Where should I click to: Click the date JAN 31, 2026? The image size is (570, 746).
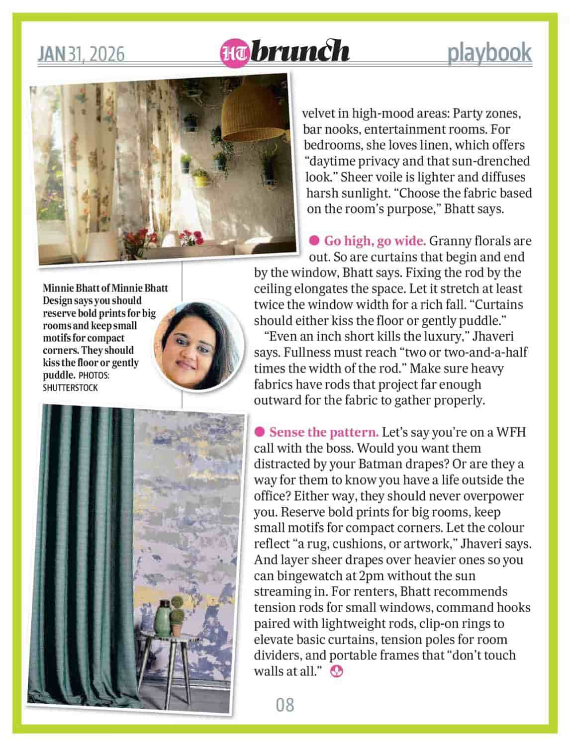(81, 53)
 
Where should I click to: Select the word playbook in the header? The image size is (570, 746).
(489, 53)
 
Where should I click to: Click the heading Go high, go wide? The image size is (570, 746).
(375, 241)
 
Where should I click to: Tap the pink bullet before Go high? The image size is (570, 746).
(314, 241)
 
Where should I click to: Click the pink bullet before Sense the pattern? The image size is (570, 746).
(259, 432)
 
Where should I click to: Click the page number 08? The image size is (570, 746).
(285, 704)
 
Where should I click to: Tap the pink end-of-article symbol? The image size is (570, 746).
(337, 671)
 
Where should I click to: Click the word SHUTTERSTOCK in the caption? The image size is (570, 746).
(71, 387)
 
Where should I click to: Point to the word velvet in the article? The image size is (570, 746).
(321, 113)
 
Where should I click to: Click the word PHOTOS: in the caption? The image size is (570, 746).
(95, 375)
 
